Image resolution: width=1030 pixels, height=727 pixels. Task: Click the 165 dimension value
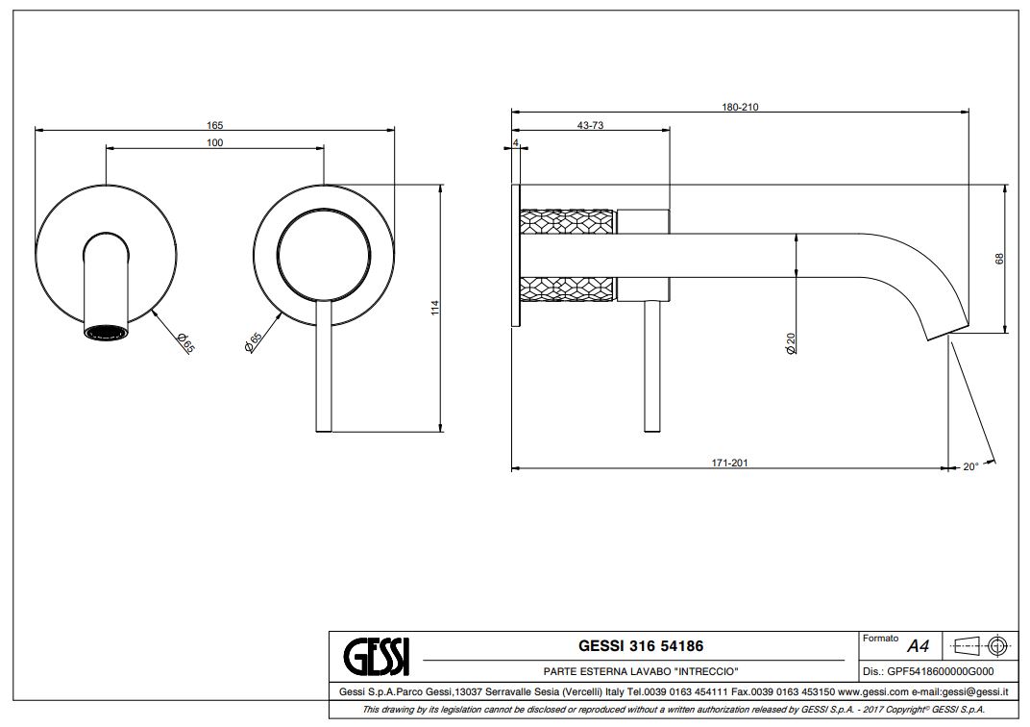[x=214, y=125]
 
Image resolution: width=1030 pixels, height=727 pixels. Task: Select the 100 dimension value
[x=214, y=143]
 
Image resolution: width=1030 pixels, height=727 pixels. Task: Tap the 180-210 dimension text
[x=740, y=108]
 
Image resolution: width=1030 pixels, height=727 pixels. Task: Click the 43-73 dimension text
[x=590, y=126]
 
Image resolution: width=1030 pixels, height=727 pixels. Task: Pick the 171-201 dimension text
[x=729, y=463]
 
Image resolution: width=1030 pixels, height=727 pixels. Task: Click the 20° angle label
[x=970, y=467]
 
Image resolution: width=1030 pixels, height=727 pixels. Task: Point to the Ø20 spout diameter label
[x=791, y=343]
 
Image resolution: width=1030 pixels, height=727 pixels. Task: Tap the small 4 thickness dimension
[x=516, y=142]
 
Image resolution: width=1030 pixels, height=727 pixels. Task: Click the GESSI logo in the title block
[x=377, y=657]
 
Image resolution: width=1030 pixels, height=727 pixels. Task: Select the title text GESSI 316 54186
[x=633, y=646]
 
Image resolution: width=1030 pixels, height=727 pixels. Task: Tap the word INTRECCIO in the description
[x=706, y=670]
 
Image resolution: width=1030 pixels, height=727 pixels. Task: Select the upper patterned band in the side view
[x=567, y=221]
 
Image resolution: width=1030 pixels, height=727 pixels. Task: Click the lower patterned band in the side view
[x=567, y=288]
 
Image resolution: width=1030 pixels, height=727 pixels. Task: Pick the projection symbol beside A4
[x=976, y=645]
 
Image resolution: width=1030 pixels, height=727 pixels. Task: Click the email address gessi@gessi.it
[x=972, y=691]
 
